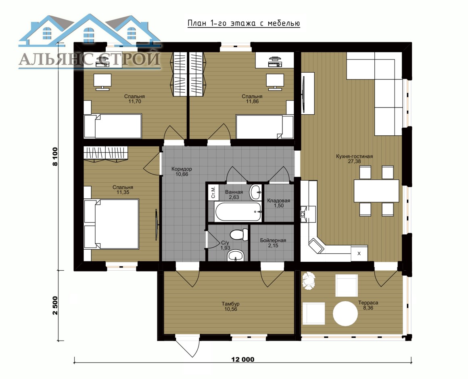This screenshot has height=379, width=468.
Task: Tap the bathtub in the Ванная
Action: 238,212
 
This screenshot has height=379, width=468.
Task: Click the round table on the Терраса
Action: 345,314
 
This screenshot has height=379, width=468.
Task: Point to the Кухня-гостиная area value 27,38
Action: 354,161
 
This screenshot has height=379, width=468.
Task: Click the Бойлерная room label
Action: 273,240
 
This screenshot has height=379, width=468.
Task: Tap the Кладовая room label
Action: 278,200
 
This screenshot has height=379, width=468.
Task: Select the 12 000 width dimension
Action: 242,359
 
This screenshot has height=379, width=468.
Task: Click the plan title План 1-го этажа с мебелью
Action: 244,23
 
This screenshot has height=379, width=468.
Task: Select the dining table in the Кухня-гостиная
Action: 376,191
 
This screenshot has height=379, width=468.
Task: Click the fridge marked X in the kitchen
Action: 359,253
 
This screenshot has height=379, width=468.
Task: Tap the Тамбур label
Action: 230,304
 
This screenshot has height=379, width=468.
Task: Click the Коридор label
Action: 182,169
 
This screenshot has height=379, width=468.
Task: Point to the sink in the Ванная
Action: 255,192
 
